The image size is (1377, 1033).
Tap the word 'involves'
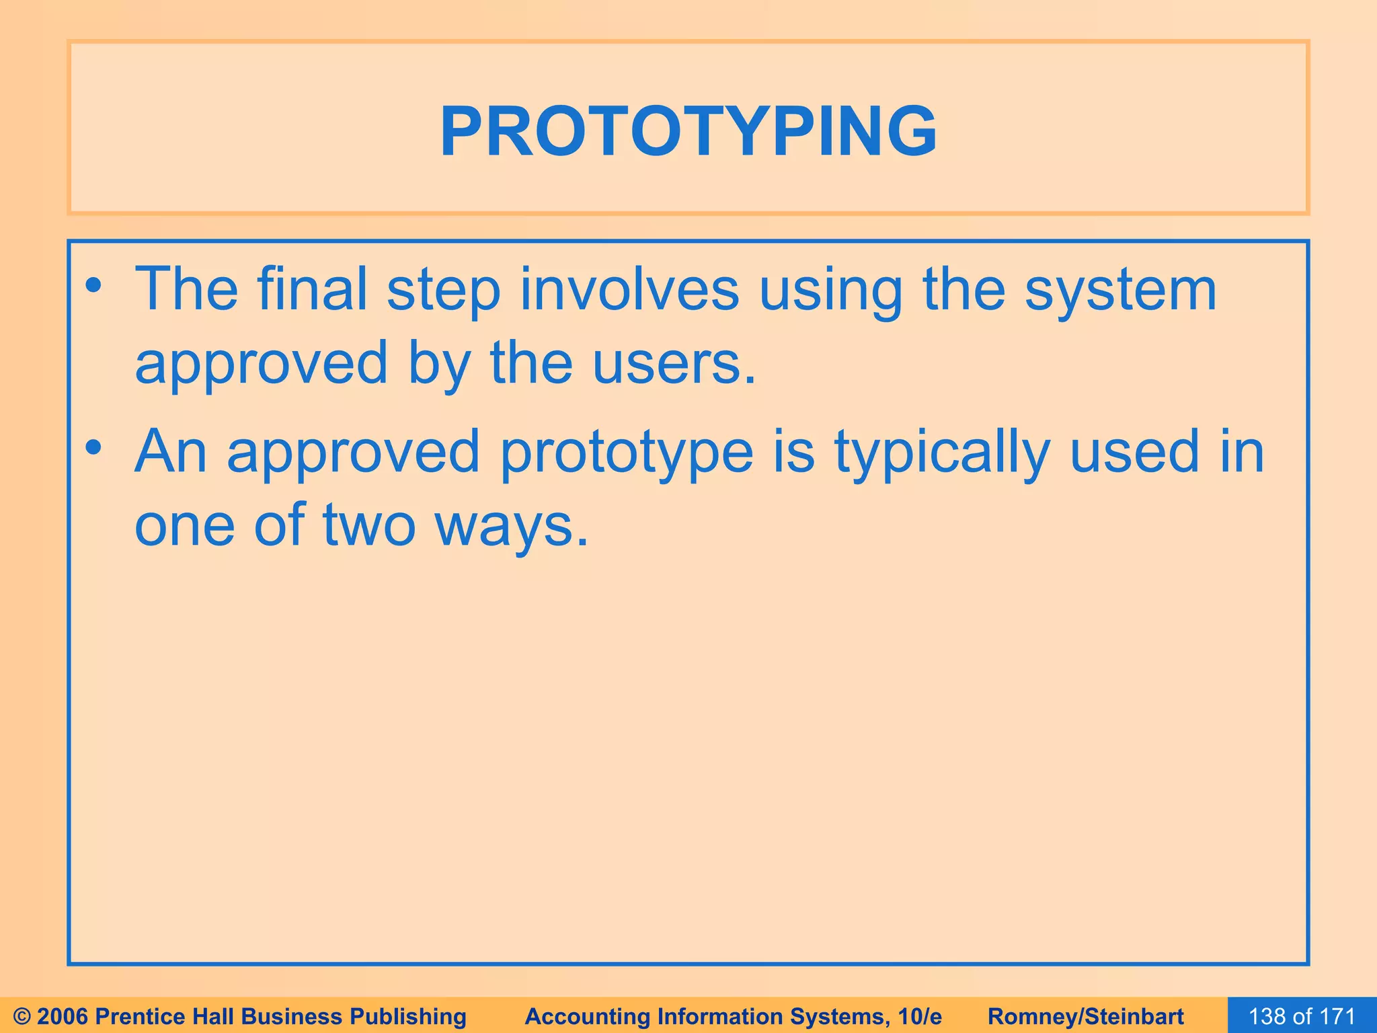tap(630, 290)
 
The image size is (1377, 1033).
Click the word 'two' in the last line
tap(369, 525)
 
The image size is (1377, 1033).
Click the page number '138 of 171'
tap(1302, 1016)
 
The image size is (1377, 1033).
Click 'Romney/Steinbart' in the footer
tap(1086, 1016)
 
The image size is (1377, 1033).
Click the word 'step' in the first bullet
tap(444, 290)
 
